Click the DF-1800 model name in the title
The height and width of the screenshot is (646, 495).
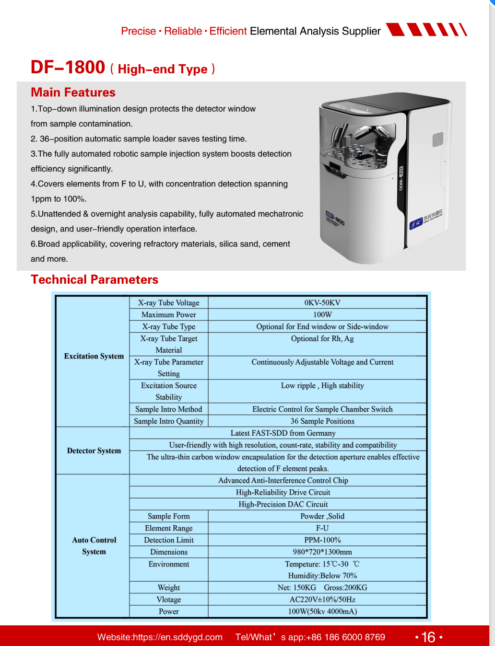[68, 68]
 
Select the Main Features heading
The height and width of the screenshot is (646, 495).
[73, 92]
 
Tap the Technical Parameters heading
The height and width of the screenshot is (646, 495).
[94, 280]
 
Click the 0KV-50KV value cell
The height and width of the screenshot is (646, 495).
[322, 303]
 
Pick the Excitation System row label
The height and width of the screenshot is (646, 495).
[94, 356]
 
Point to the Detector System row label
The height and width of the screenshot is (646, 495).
[94, 450]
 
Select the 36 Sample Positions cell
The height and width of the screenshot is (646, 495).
[322, 421]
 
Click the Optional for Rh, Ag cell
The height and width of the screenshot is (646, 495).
[322, 339]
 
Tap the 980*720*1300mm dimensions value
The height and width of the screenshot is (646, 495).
[322, 552]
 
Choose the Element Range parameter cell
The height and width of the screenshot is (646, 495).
[169, 528]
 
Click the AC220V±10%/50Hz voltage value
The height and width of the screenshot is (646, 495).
[322, 600]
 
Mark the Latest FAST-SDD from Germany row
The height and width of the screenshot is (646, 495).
[283, 433]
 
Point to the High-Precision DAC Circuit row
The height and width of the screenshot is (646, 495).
[283, 504]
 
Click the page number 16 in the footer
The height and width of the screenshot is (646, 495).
[428, 637]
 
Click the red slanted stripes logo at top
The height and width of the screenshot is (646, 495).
[426, 30]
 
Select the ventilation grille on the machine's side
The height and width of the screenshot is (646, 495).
[438, 139]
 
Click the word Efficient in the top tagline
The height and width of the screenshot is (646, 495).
[228, 31]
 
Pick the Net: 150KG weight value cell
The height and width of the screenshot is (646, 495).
[297, 588]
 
